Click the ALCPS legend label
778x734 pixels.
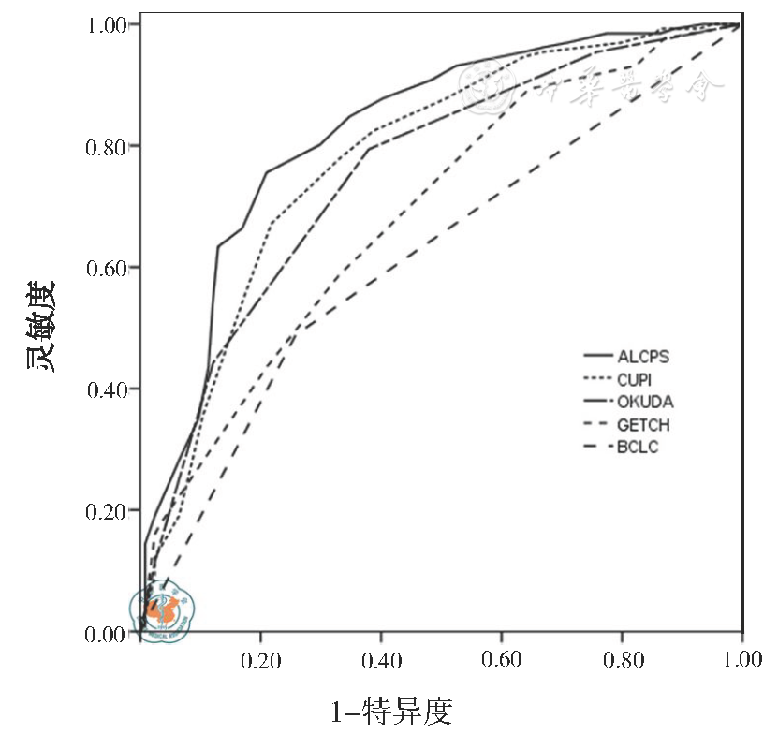(x=643, y=356)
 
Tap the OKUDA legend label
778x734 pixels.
(x=645, y=402)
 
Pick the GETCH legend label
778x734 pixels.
(x=643, y=425)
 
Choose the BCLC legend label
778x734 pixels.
(x=638, y=448)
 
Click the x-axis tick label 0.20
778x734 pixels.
(x=261, y=661)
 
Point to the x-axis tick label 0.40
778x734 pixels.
(x=382, y=661)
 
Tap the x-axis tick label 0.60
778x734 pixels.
(x=502, y=661)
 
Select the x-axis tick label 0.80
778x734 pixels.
(x=622, y=661)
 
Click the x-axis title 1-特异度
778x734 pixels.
(x=392, y=712)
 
